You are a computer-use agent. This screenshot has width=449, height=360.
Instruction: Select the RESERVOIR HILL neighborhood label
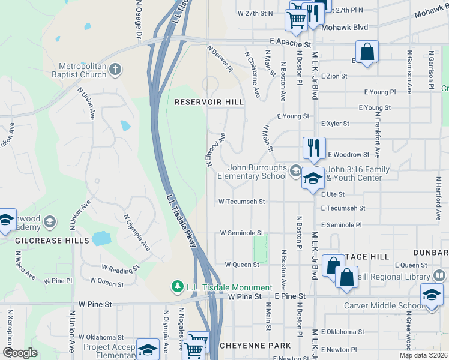209,103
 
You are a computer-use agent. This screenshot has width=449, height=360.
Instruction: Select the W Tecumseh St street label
242,202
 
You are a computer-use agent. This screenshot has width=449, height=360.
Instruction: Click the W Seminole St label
241,233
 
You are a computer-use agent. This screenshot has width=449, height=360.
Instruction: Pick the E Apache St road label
290,44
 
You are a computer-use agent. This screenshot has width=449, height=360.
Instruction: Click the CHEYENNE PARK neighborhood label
255,346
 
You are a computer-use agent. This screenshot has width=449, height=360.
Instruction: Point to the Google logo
20,353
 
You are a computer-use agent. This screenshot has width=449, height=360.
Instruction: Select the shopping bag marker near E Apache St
367,52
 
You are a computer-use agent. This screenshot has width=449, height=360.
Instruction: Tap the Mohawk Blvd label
343,28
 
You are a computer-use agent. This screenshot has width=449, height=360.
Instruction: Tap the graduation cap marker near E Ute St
313,178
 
